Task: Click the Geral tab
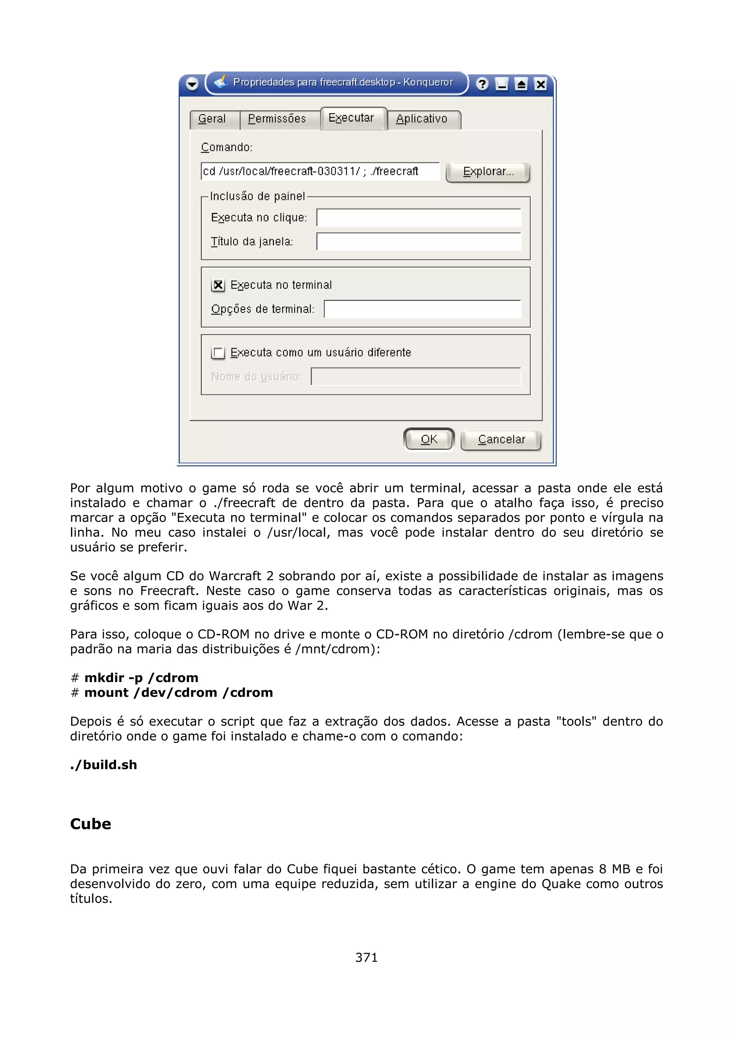(212, 119)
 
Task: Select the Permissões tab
(277, 119)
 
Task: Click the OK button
(429, 439)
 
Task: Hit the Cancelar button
(501, 439)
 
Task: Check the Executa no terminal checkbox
(218, 285)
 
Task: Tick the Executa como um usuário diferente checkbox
(218, 353)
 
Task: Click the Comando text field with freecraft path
(320, 171)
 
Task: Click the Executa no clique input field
(419, 218)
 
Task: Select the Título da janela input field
(419, 242)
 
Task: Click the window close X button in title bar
(540, 84)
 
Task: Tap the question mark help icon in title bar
(482, 84)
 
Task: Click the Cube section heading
(90, 824)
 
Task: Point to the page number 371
(366, 957)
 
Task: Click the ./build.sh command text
(103, 765)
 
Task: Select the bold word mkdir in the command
(103, 677)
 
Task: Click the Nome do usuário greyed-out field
(416, 377)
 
